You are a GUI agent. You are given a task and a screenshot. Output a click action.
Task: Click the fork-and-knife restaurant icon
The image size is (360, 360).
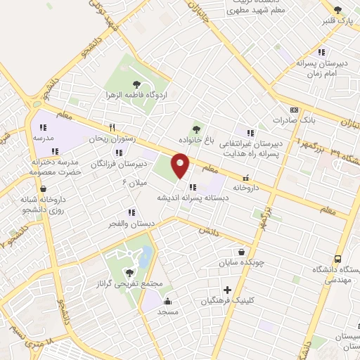tap(112, 127)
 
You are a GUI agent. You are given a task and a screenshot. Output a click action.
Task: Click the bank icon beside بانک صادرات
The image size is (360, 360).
tap(294, 109)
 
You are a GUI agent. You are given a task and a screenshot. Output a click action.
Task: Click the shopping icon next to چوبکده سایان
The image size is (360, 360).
tap(242, 252)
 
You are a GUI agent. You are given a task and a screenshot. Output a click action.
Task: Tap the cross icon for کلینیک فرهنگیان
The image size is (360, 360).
tap(226, 290)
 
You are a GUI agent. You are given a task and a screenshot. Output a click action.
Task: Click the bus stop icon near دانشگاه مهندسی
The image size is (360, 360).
tap(338, 259)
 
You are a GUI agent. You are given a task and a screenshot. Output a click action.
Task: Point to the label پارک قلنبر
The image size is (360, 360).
tap(337, 20)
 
